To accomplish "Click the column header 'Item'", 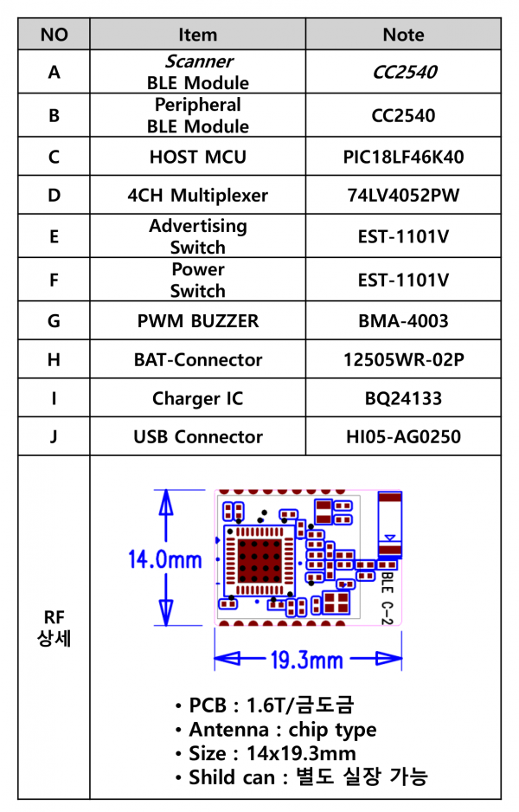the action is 198,35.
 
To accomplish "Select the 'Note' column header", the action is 403,35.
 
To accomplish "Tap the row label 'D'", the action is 54,196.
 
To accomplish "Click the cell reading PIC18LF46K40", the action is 403,157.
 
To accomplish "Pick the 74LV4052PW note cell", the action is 403,196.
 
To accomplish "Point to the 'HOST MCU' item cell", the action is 198,157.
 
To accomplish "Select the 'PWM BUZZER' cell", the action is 198,321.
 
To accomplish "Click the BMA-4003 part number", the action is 403,321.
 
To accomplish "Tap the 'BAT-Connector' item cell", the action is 198,360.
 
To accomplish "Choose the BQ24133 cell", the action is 403,398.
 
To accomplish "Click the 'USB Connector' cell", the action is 198,437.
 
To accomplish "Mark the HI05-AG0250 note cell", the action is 403,437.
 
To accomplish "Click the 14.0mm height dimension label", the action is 164,560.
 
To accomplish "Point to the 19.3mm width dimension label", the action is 307,661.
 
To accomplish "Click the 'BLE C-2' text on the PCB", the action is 388,596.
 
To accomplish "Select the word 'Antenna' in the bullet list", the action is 228,730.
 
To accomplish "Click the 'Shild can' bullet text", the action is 231,777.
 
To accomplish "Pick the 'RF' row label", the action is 54,617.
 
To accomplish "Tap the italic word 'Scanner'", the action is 199,61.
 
